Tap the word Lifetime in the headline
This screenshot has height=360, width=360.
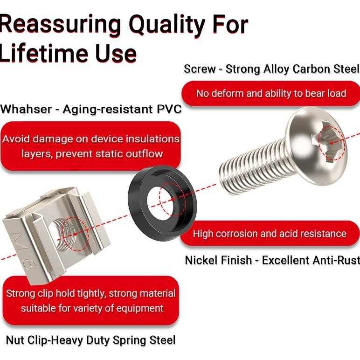pos(44,53)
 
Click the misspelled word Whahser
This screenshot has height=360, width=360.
pos(26,109)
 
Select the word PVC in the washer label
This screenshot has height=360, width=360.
pos(169,109)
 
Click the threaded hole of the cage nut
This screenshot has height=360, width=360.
pos(64,234)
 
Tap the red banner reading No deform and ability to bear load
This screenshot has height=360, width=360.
pos(271,93)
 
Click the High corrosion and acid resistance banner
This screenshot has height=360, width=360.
pos(270,234)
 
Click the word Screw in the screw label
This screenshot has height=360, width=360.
pos(200,69)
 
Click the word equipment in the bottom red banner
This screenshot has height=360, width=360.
pos(140,309)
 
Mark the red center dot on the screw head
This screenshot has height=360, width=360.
pos(331,143)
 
